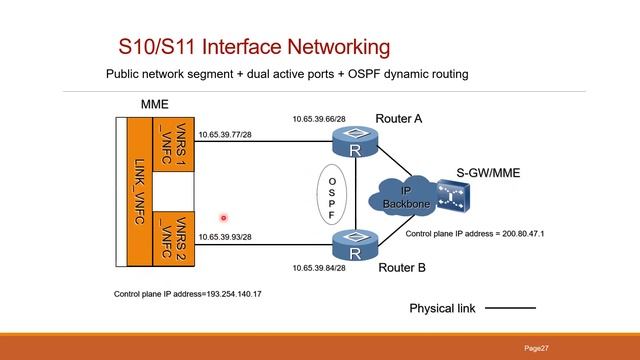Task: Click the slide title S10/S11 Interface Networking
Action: [x=253, y=47]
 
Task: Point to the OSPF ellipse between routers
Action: [x=332, y=196]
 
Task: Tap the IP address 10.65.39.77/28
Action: [x=224, y=134]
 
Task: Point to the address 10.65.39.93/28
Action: [x=224, y=237]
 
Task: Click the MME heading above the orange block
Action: [x=155, y=103]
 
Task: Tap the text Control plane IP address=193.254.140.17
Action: [x=188, y=295]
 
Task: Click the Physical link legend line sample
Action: [x=510, y=308]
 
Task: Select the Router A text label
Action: [x=398, y=119]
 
